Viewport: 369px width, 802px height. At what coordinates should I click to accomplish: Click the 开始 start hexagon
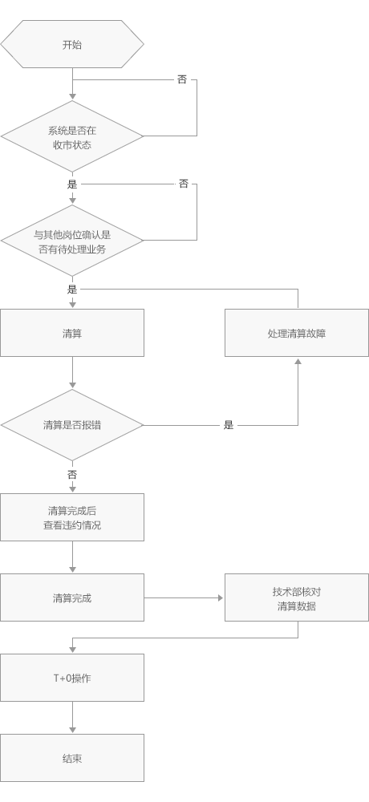pyautogui.click(x=72, y=44)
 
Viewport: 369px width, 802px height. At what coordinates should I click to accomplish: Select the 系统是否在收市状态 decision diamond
pyautogui.click(x=72, y=136)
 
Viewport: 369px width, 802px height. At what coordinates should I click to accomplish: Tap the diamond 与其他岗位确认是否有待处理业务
pyautogui.click(x=72, y=241)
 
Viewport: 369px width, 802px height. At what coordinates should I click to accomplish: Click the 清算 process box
pyautogui.click(x=72, y=333)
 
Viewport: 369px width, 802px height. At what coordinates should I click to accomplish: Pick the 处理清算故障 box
pyautogui.click(x=297, y=333)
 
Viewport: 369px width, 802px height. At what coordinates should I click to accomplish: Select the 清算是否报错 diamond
pyautogui.click(x=72, y=425)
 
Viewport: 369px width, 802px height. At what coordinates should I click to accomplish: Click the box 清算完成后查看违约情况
pyautogui.click(x=72, y=517)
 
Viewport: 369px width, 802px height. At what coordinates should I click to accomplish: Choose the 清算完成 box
pyautogui.click(x=72, y=597)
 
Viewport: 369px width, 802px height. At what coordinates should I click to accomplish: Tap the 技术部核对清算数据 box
pyautogui.click(x=297, y=597)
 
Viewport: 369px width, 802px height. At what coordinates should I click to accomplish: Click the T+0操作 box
pyautogui.click(x=72, y=678)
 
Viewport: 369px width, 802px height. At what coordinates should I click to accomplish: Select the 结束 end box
pyautogui.click(x=72, y=758)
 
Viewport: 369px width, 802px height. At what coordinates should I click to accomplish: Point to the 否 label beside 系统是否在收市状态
pyautogui.click(x=182, y=79)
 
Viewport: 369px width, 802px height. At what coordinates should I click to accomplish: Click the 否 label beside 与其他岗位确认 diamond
pyautogui.click(x=184, y=184)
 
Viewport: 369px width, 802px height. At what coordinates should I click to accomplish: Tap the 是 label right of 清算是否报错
pyautogui.click(x=229, y=425)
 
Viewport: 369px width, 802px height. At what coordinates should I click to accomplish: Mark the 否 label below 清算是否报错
pyautogui.click(x=72, y=475)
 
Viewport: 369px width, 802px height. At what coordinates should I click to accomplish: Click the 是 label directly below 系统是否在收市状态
pyautogui.click(x=72, y=184)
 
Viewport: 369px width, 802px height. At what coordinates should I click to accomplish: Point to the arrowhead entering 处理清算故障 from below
pyautogui.click(x=298, y=361)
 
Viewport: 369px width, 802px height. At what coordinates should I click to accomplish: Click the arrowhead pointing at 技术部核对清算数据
pyautogui.click(x=221, y=597)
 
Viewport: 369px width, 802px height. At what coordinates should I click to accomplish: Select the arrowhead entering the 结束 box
pyautogui.click(x=72, y=730)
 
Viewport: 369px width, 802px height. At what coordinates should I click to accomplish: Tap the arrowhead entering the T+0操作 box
pyautogui.click(x=72, y=650)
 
